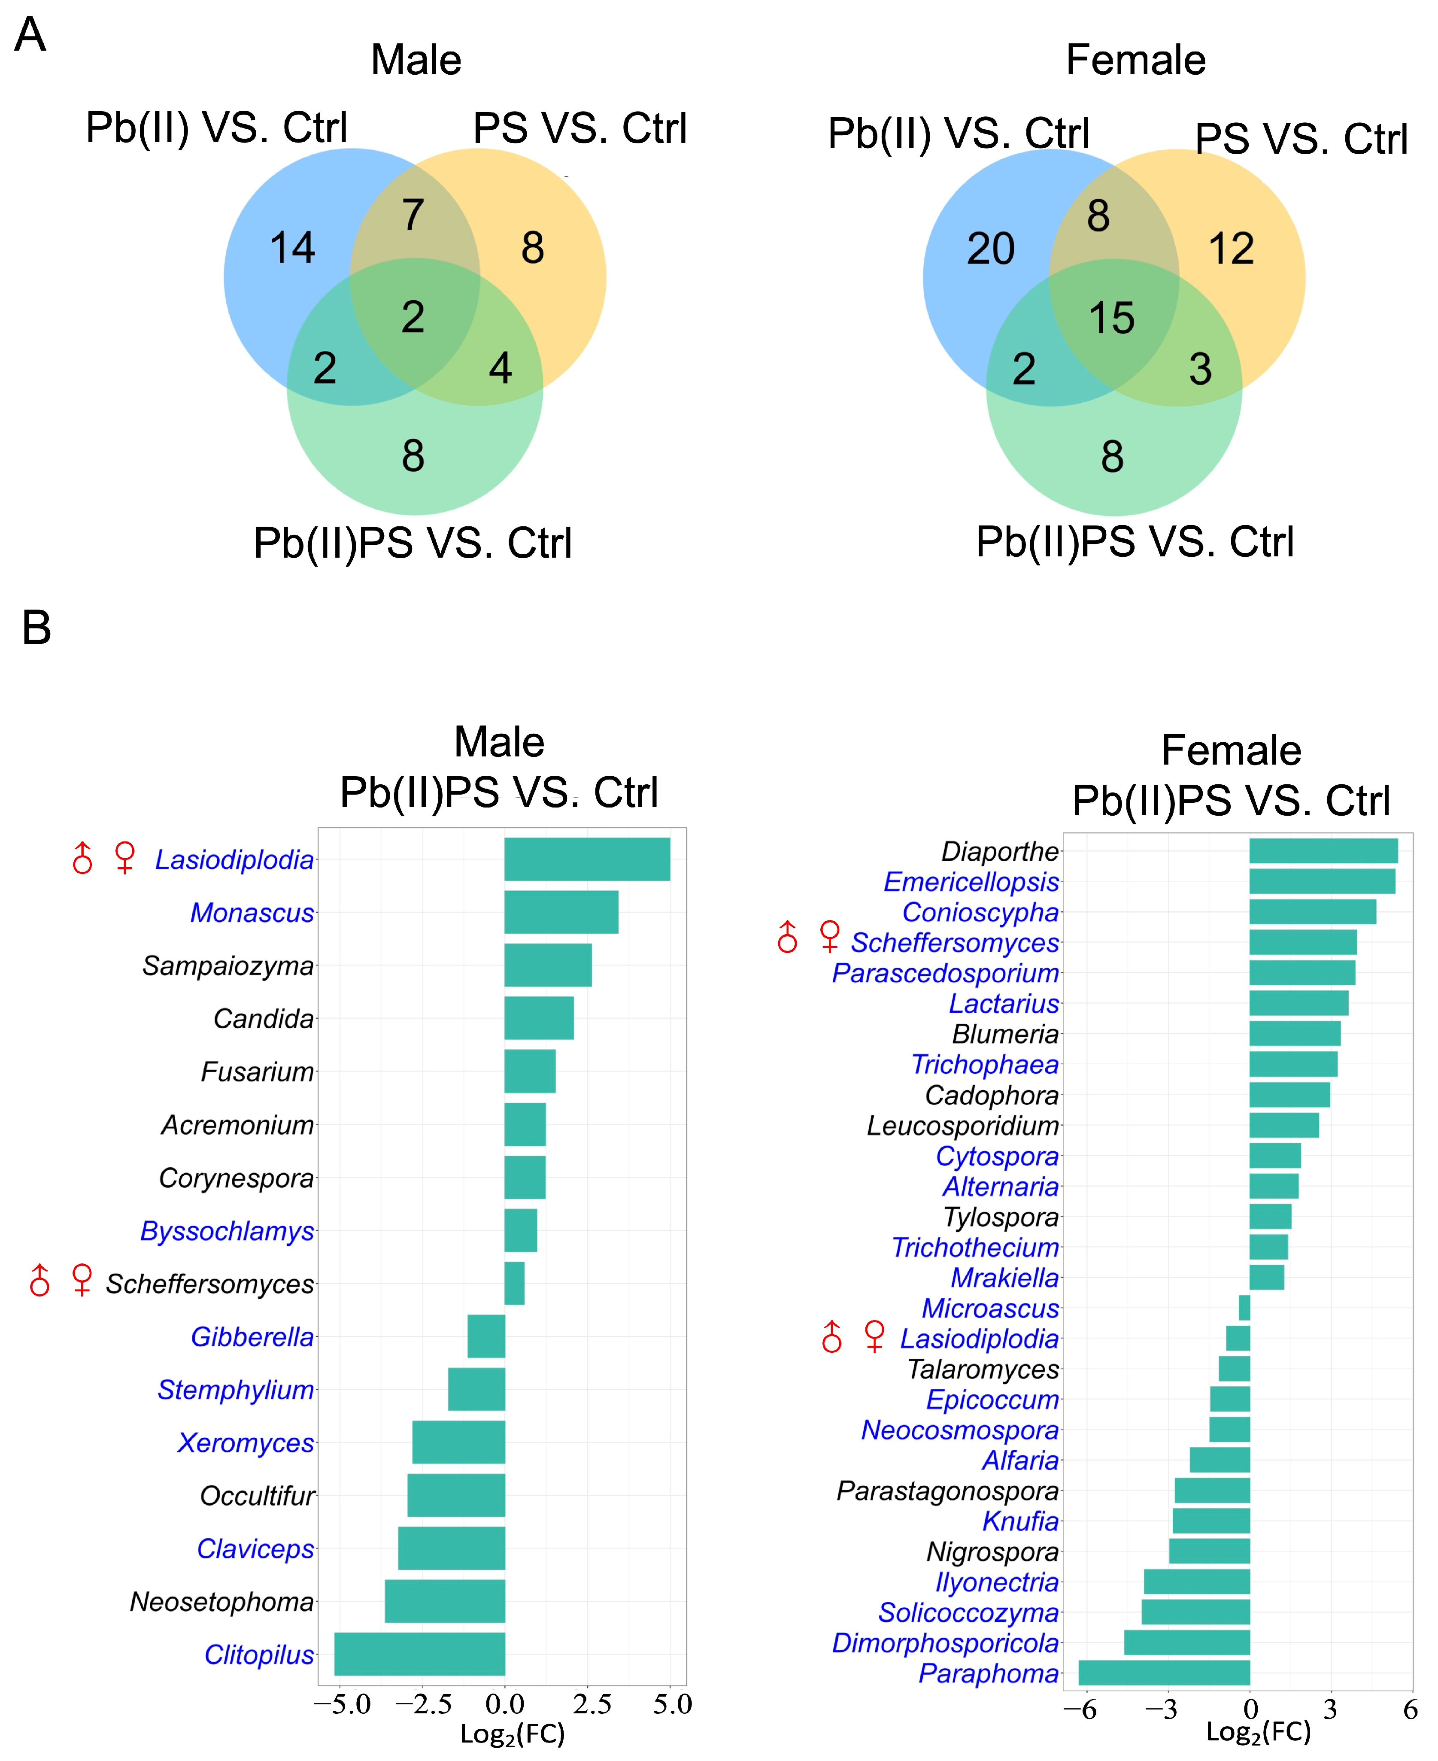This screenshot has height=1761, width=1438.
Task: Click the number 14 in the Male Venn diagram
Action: point(292,248)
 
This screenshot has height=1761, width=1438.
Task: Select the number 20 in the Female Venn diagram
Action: point(991,249)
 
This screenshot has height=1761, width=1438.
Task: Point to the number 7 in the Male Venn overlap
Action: point(413,215)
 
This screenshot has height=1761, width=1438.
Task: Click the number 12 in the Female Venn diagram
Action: point(1231,249)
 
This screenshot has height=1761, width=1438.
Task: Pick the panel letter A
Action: point(30,35)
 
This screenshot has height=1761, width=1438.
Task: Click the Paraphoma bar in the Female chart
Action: point(1164,1673)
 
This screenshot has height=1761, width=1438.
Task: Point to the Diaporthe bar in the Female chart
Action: point(1323,851)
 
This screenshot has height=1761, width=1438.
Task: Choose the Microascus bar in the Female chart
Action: point(1244,1308)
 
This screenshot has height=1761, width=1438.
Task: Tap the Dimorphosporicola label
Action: point(945,1643)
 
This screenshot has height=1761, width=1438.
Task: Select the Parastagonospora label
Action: point(948,1491)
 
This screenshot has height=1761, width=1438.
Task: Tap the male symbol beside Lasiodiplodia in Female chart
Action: point(831,1337)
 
